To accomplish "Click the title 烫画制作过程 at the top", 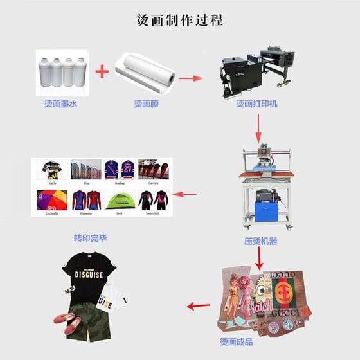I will pyautogui.click(x=180, y=20).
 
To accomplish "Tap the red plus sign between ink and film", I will pyautogui.click(x=102, y=71).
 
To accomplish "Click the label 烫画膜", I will pyautogui.click(x=147, y=102).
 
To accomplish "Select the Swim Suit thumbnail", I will pyautogui.click(x=154, y=200).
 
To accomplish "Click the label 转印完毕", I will pyautogui.click(x=90, y=238).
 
